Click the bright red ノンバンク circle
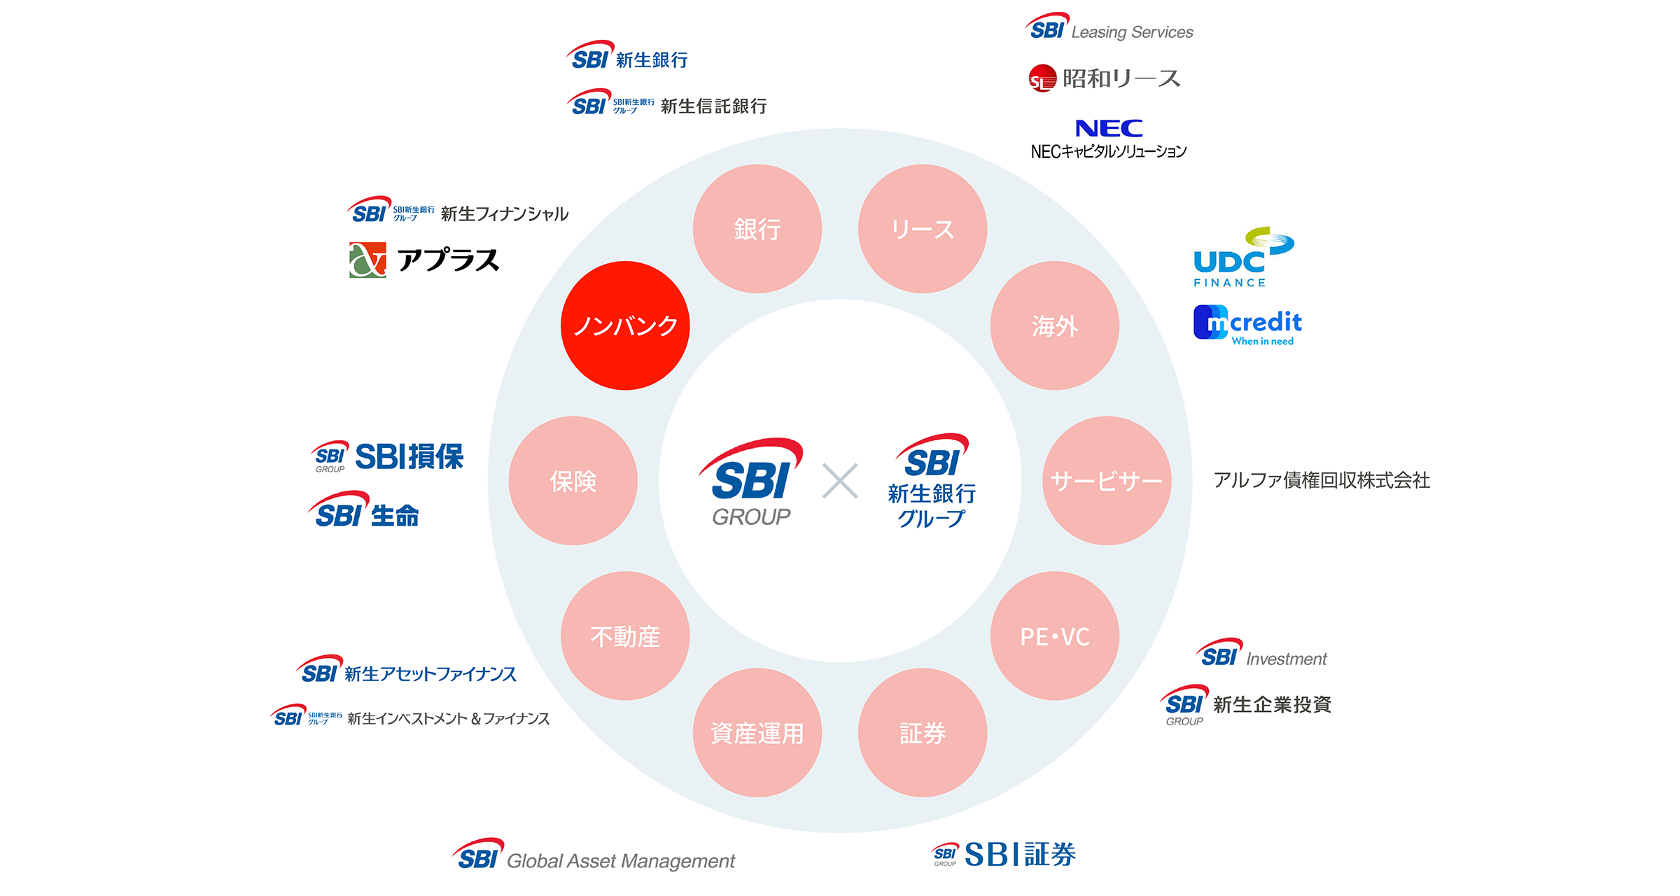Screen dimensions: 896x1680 coord(625,325)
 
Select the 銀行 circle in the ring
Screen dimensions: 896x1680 coord(757,229)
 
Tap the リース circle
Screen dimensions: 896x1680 coord(923,229)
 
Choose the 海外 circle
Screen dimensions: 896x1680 coord(1054,325)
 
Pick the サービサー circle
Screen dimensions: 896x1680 coord(1107,481)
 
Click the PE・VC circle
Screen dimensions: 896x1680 coord(1054,636)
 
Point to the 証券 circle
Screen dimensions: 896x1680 coord(923,732)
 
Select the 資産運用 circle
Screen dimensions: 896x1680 coord(757,732)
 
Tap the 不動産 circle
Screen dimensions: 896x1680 coord(625,636)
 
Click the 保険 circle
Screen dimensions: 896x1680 coord(573,481)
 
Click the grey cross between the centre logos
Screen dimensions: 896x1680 coord(840,481)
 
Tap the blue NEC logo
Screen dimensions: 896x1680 coord(1109,128)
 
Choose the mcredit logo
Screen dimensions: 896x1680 coord(1247,325)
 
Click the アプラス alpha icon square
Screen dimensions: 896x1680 coord(367,260)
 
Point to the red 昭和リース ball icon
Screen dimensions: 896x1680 coord(1042,78)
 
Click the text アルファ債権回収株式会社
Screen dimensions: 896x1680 coord(1322,480)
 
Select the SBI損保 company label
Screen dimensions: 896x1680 coord(409,456)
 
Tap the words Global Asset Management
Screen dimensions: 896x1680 coord(621,861)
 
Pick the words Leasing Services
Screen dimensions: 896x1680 coord(1132,32)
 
